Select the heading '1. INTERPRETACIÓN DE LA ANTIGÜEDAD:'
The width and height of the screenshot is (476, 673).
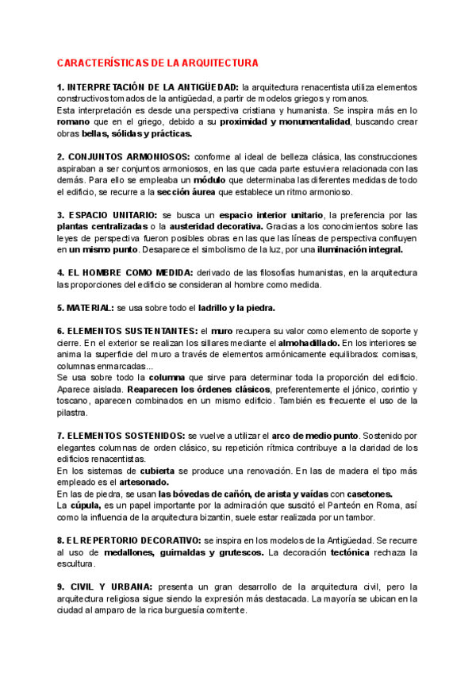coord(148,86)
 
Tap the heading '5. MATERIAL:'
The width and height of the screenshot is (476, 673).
coord(85,307)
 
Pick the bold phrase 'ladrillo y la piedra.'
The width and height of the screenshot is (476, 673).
coord(236,307)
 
